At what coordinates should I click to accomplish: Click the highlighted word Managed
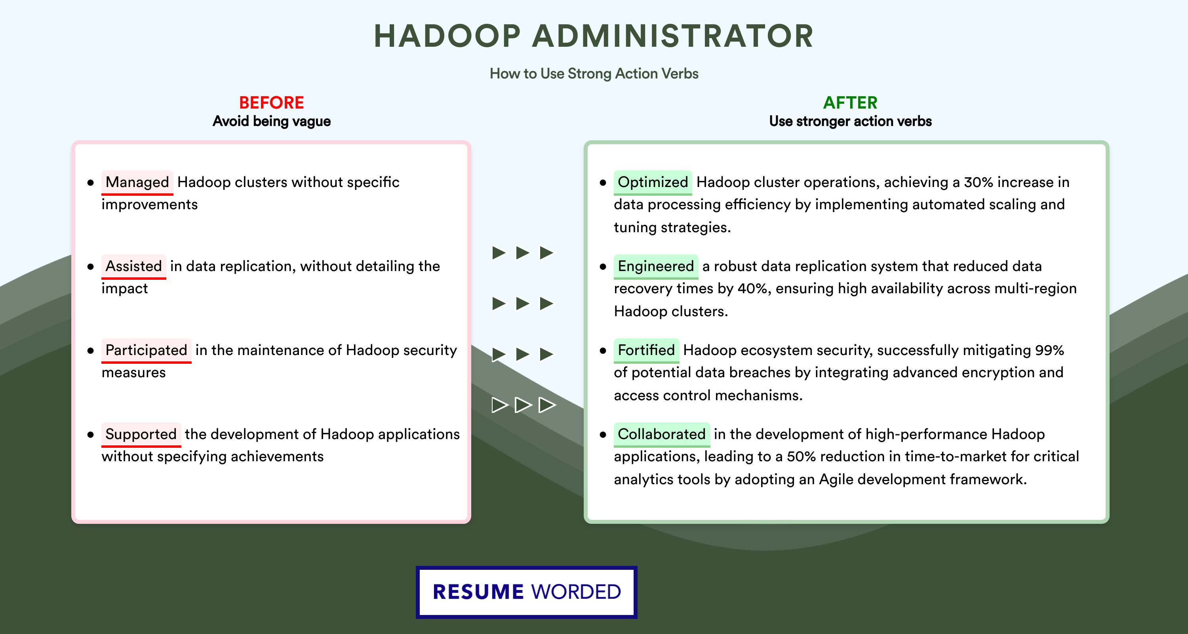point(137,182)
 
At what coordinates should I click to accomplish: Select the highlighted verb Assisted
point(134,266)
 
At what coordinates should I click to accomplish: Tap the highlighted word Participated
point(146,350)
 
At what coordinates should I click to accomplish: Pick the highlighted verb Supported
point(141,434)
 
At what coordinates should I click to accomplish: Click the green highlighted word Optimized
point(653,182)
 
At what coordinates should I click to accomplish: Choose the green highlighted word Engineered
point(656,266)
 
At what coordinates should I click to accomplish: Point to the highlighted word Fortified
point(646,350)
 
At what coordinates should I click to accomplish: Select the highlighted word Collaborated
point(662,434)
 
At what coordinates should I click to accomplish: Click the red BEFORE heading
point(272,103)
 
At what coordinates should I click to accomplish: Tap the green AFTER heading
point(851,103)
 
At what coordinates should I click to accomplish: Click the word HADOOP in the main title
point(447,36)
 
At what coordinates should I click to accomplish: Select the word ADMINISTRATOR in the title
point(673,36)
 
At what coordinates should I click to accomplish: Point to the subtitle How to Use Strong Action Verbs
point(594,73)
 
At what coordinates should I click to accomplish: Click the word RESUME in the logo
point(478,592)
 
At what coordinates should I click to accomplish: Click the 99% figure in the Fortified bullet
point(1049,350)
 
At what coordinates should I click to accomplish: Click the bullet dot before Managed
point(90,183)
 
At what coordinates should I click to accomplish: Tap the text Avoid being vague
point(272,121)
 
